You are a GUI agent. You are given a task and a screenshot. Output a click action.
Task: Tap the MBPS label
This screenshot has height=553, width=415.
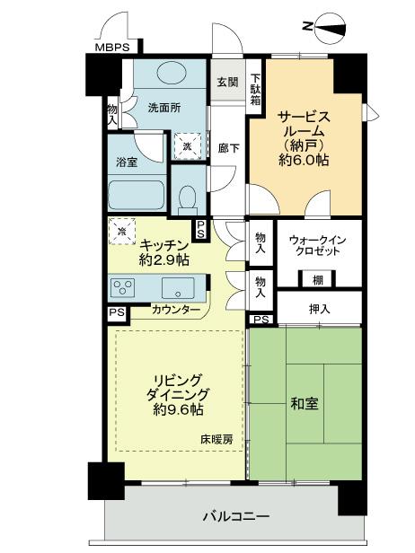tap(113, 48)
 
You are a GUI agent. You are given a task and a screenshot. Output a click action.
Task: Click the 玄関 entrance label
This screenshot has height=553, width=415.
tap(227, 82)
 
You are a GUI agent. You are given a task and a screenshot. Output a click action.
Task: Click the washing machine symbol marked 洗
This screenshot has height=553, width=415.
tap(189, 145)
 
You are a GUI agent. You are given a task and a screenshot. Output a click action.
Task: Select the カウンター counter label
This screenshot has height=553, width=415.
tap(176, 310)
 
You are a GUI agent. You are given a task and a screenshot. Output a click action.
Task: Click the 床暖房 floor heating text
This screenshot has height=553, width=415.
tap(216, 440)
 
